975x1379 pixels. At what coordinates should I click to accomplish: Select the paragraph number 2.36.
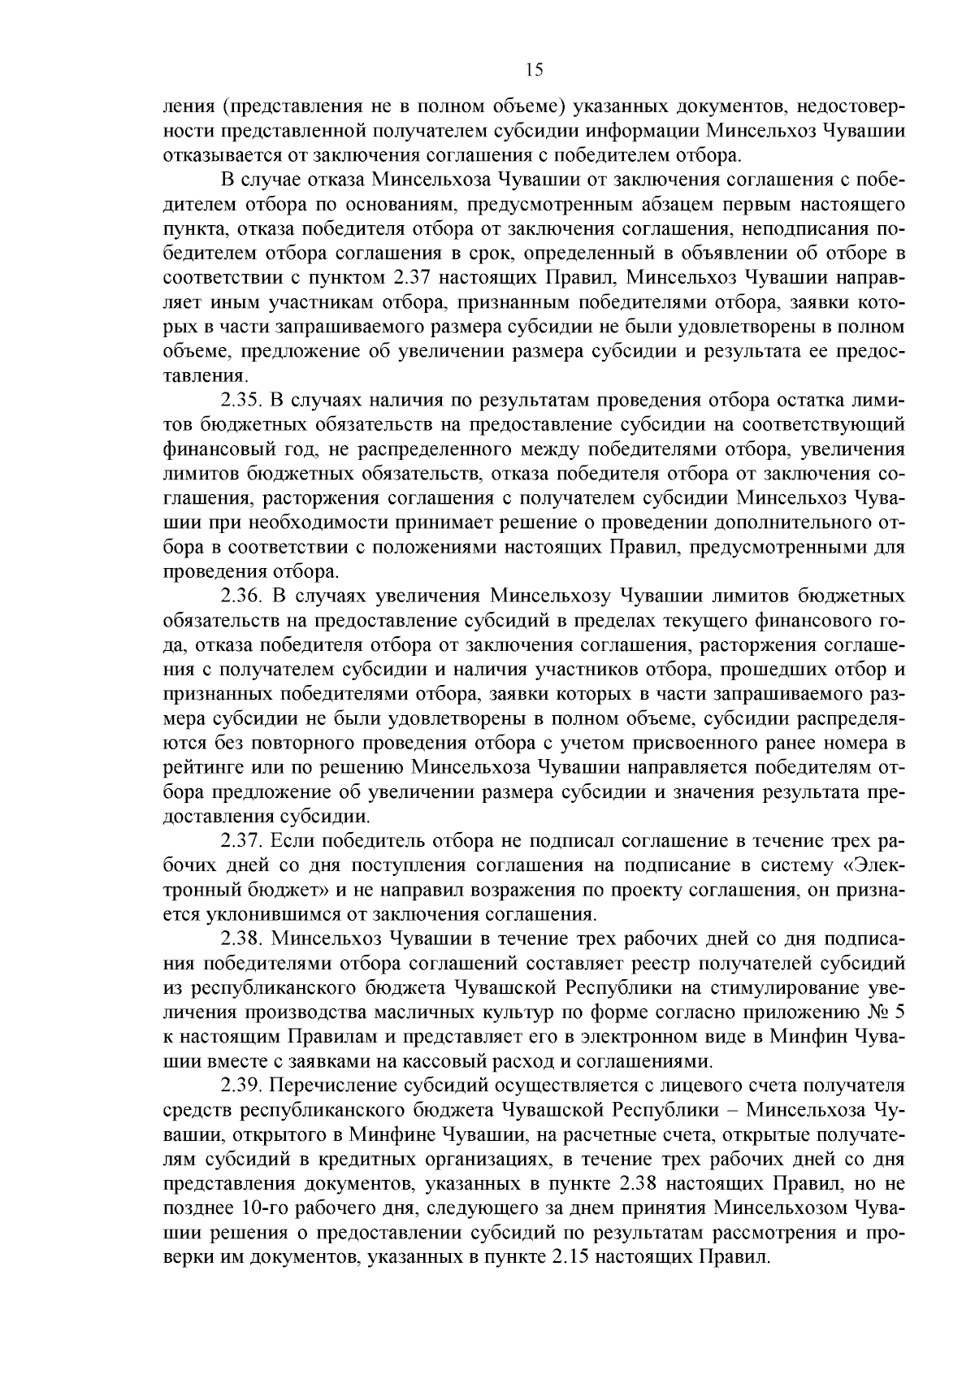241,596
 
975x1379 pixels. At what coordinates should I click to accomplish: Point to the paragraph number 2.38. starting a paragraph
241,939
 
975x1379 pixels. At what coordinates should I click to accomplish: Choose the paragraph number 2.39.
241,1086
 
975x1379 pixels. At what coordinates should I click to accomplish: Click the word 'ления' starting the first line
187,106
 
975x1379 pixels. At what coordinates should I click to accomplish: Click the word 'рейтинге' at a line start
200,768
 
